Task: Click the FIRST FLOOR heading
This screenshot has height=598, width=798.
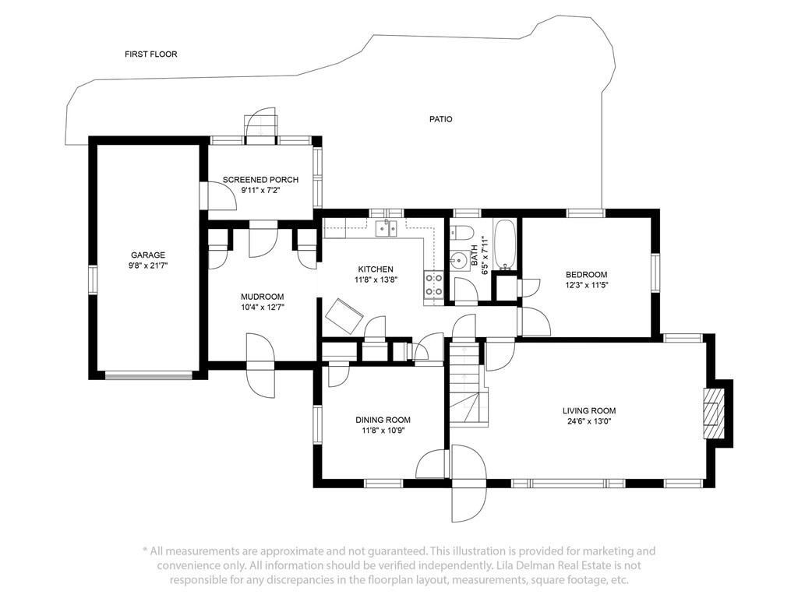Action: (x=151, y=54)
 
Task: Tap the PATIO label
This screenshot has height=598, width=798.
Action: (x=441, y=119)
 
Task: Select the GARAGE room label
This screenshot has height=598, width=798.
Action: (x=148, y=255)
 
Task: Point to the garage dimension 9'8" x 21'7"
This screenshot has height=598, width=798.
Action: (x=148, y=266)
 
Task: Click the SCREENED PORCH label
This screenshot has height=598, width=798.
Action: (x=260, y=180)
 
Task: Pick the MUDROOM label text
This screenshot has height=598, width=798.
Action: (x=262, y=297)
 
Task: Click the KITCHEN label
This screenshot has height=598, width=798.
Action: (x=376, y=269)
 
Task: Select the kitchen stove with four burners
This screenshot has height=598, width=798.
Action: (x=433, y=285)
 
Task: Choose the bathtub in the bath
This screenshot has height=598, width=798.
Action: (x=505, y=244)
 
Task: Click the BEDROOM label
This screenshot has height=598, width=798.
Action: (x=586, y=275)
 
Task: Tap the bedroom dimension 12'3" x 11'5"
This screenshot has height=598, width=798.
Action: (x=586, y=285)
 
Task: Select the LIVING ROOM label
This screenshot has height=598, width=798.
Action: (x=589, y=411)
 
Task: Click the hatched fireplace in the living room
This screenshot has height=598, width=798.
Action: (x=714, y=413)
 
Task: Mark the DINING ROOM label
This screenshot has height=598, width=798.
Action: (x=383, y=420)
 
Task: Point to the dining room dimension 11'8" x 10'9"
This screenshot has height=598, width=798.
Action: (x=383, y=431)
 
